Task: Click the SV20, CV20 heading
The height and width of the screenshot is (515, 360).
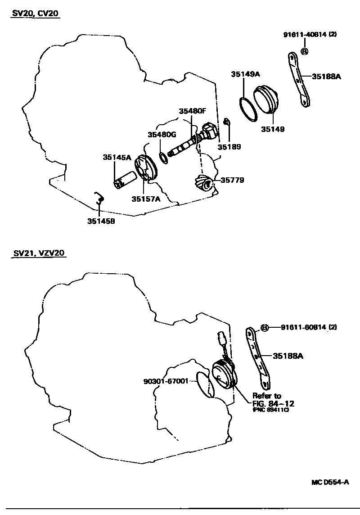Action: click(35, 14)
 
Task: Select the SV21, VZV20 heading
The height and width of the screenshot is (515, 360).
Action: click(39, 253)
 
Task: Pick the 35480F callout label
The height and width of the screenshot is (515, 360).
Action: click(192, 111)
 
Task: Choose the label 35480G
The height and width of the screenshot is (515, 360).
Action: click(162, 134)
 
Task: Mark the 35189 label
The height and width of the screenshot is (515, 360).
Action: click(229, 147)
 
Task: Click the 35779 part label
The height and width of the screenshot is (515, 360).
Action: click(232, 180)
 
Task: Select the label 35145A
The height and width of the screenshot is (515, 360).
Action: click(117, 157)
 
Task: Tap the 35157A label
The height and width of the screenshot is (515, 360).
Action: click(146, 199)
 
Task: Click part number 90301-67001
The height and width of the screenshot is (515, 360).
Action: click(166, 381)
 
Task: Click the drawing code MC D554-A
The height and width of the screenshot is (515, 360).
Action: click(330, 482)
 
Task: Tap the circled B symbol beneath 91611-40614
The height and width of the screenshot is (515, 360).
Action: click(305, 51)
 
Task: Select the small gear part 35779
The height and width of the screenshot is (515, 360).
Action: click(204, 183)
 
